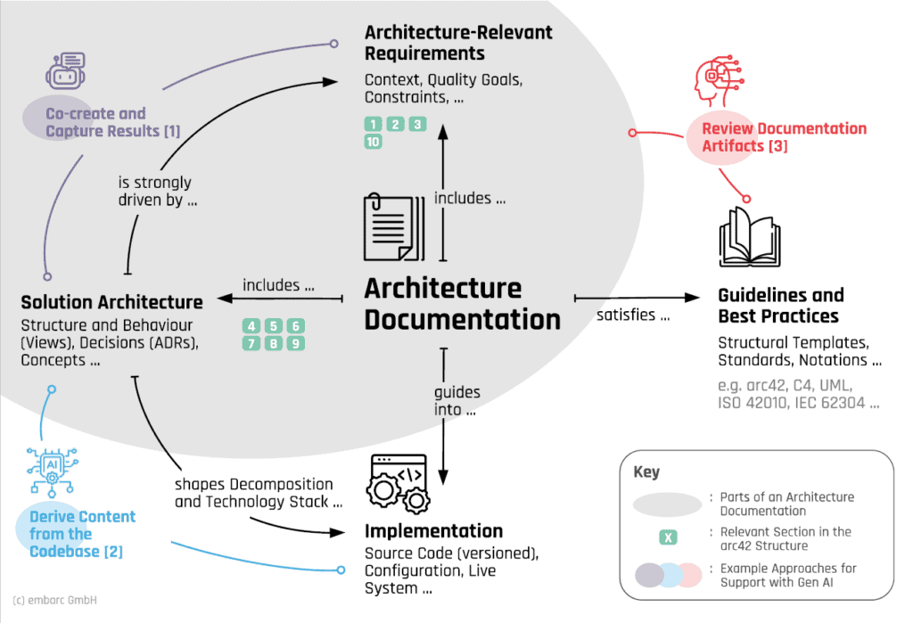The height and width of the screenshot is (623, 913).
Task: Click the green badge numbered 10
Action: point(374,142)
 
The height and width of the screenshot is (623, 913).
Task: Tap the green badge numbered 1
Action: point(374,124)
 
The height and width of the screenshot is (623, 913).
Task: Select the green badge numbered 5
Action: point(275,326)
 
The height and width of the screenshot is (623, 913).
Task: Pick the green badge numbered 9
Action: point(296,343)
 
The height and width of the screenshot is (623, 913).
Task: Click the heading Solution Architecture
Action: point(111,302)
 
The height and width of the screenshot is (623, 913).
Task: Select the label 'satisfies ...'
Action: point(634,315)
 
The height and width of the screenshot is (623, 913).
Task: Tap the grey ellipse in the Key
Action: point(667,504)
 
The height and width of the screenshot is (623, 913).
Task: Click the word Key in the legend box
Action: point(646,471)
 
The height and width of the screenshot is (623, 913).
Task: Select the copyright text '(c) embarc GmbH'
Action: point(55,600)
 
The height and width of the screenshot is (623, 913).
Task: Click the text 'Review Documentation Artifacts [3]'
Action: point(783,136)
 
